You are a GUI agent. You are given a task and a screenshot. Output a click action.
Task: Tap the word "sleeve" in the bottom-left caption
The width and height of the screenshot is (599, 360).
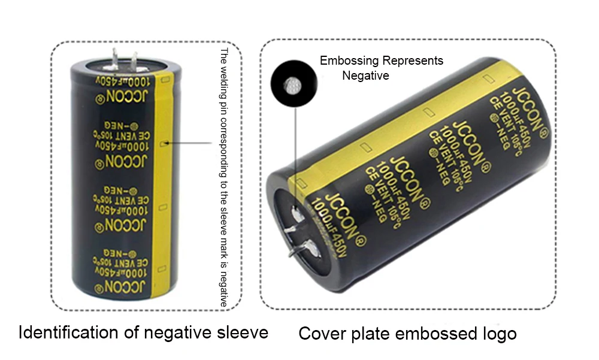240,332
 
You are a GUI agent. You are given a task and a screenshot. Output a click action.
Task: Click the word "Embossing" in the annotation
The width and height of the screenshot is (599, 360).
350,60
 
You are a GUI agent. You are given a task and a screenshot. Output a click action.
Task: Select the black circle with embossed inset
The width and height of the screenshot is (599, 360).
294,85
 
